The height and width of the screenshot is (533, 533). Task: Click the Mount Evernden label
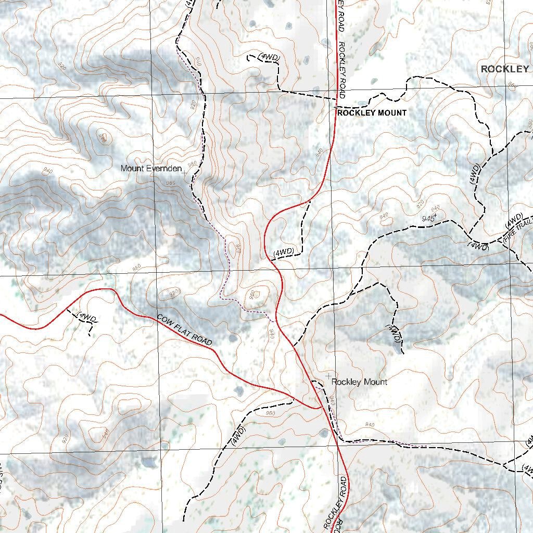pyautogui.click(x=151, y=169)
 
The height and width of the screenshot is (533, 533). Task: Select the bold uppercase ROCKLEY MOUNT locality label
pyautogui.click(x=372, y=113)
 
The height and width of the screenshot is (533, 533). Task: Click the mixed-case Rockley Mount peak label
pyautogui.click(x=359, y=382)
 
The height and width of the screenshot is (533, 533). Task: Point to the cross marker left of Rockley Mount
pyautogui.click(x=328, y=376)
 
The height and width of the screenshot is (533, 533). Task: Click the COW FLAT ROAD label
pyautogui.click(x=185, y=330)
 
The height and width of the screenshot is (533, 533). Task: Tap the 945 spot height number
pyautogui.click(x=428, y=218)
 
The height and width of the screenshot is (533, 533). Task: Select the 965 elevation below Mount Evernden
pyautogui.click(x=171, y=183)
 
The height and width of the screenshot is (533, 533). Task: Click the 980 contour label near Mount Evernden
pyautogui.click(x=193, y=164)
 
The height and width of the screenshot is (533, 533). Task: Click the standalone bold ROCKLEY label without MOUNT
pyautogui.click(x=504, y=69)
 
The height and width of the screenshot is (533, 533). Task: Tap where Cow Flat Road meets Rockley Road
pyautogui.click(x=319, y=408)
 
